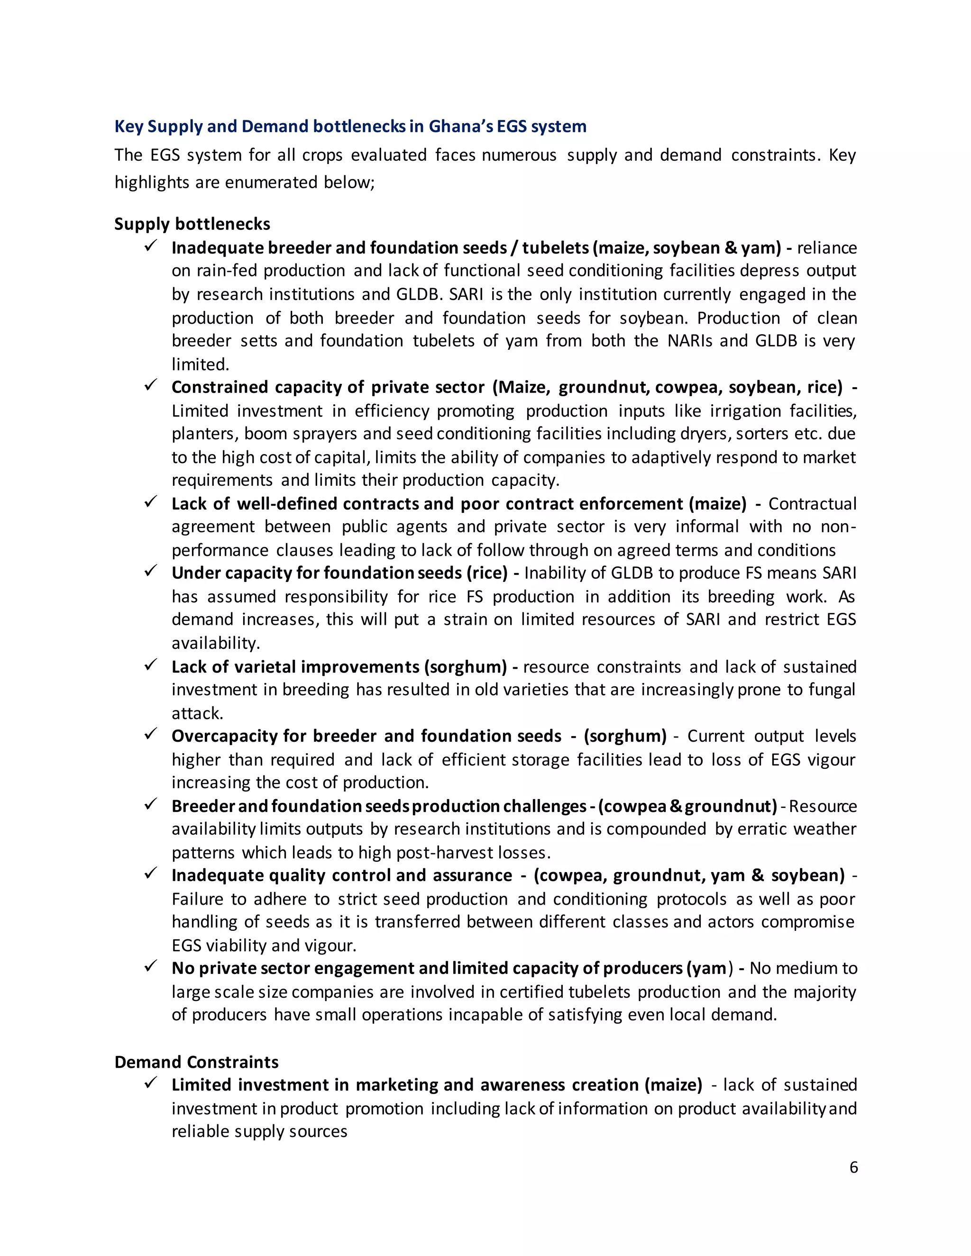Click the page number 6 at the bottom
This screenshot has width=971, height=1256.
[x=853, y=1167]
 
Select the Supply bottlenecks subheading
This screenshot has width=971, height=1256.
[x=192, y=224]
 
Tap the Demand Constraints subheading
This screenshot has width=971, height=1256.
[x=196, y=1062]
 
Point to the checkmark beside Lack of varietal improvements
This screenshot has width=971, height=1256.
[x=151, y=665]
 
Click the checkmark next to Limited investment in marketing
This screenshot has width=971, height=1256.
[x=151, y=1083]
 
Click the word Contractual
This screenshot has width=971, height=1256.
[x=812, y=504]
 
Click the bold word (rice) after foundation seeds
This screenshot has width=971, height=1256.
[x=486, y=573]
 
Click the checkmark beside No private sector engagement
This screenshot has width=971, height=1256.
[x=151, y=967]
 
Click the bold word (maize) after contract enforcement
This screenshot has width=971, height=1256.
[x=717, y=504]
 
